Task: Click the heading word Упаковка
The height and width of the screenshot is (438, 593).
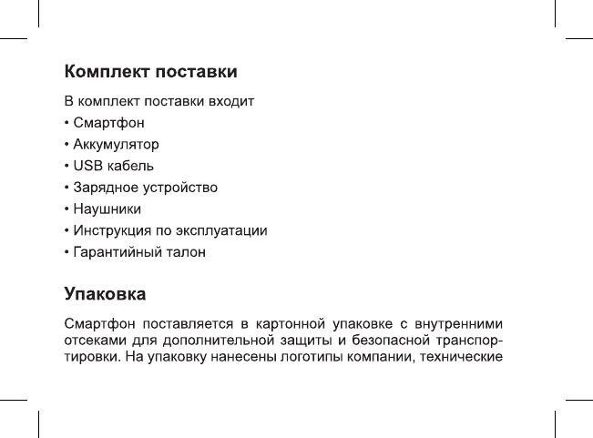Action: [x=106, y=295]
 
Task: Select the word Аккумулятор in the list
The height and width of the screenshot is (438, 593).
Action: [x=117, y=144]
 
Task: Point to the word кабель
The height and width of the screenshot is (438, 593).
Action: [x=130, y=166]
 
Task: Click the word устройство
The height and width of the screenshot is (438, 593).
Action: [x=179, y=188]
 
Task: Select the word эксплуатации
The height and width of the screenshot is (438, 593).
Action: [x=227, y=230]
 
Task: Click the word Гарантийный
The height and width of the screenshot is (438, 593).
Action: [x=117, y=252]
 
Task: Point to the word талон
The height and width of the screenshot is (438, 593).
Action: [x=185, y=252]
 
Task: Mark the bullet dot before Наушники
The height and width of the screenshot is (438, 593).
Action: [x=66, y=209]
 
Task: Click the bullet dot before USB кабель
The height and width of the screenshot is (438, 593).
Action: [x=66, y=166]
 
